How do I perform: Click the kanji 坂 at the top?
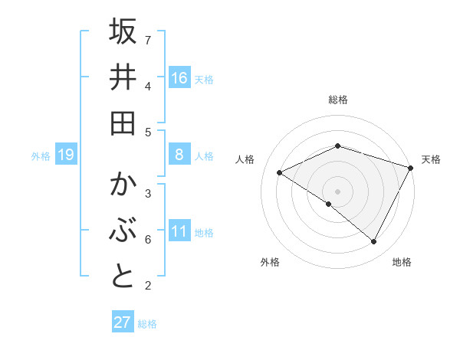click(x=123, y=32)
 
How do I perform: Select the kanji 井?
click(x=123, y=78)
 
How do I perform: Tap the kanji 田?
click(x=123, y=123)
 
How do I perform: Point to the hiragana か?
click(x=123, y=186)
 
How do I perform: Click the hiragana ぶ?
click(x=123, y=231)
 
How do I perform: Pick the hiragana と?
click(x=123, y=277)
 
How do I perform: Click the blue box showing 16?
click(x=179, y=78)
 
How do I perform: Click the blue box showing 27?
click(x=122, y=322)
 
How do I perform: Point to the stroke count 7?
click(x=147, y=39)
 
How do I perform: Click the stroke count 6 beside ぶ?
click(x=147, y=240)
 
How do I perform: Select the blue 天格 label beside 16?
click(x=204, y=79)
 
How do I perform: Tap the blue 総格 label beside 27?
click(x=147, y=323)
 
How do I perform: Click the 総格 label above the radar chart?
click(x=337, y=100)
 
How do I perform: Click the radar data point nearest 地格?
click(x=373, y=241)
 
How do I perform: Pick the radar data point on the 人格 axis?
click(x=280, y=172)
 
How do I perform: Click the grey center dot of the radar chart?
click(x=337, y=190)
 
